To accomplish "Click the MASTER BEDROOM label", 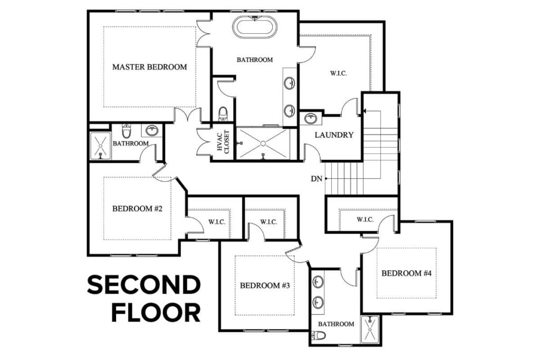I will click(150, 67).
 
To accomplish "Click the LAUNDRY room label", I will click(334, 135).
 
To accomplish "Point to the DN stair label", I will click(316, 179).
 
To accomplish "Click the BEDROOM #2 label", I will click(137, 208).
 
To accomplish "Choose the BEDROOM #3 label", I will click(265, 286).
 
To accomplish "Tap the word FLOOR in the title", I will click(156, 312).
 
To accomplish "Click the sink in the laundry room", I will click(310, 118).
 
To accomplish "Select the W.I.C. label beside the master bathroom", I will click(338, 73).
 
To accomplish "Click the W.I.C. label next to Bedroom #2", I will click(217, 222).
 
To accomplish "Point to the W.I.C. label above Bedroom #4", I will click(365, 219).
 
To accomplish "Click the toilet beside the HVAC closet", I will click(223, 113).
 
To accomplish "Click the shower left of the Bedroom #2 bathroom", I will click(100, 145).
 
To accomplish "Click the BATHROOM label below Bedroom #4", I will click(336, 324).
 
